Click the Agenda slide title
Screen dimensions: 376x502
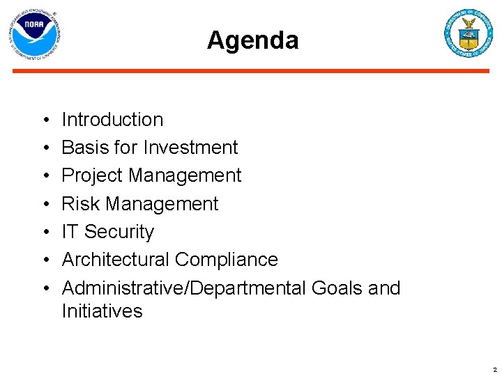pyautogui.click(x=252, y=40)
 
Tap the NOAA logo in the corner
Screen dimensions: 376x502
pyautogui.click(x=33, y=35)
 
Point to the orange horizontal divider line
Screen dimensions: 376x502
pyautogui.click(x=251, y=70)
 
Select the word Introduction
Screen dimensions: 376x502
pyautogui.click(x=112, y=120)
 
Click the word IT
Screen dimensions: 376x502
pyautogui.click(x=70, y=232)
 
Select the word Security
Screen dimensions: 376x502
pyautogui.click(x=119, y=232)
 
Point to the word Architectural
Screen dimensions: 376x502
pyautogui.click(x=116, y=260)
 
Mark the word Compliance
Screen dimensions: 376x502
pyautogui.click(x=227, y=260)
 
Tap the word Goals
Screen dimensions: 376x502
pyautogui.click(x=338, y=288)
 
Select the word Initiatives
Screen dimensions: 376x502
pyautogui.click(x=102, y=311)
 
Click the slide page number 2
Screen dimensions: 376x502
pyautogui.click(x=494, y=370)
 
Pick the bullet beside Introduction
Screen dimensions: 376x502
pyautogui.click(x=44, y=120)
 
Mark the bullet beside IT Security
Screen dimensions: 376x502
pyautogui.click(x=44, y=233)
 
